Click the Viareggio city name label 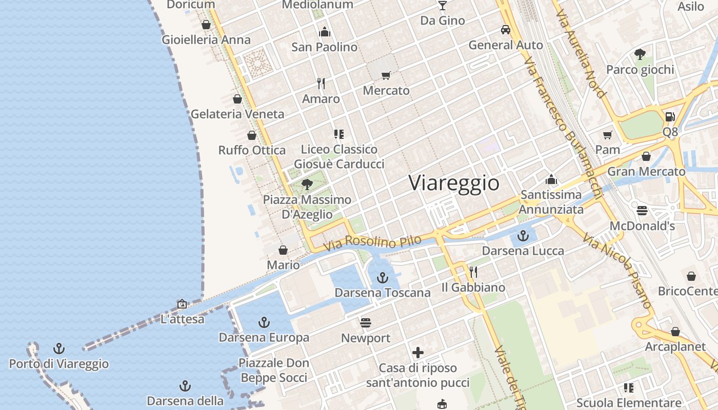(x=454, y=183)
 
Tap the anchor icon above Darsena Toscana (x=382, y=278)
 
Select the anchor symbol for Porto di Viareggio (x=59, y=349)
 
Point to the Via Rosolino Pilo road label (x=373, y=242)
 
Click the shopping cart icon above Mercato (x=386, y=76)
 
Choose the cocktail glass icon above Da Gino (x=443, y=6)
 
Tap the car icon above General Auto (x=506, y=30)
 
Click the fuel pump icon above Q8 (x=670, y=117)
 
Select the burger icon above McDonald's (x=642, y=211)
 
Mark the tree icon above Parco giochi (x=640, y=54)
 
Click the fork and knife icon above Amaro (x=321, y=83)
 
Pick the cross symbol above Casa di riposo (x=418, y=353)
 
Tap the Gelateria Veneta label (x=237, y=114)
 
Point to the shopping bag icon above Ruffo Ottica (x=252, y=135)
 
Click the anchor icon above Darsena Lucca (x=523, y=236)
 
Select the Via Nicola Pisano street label (x=619, y=271)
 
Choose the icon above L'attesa (x=182, y=304)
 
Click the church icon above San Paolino (x=324, y=32)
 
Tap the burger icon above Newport (x=366, y=323)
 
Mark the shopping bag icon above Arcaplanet (x=675, y=332)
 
